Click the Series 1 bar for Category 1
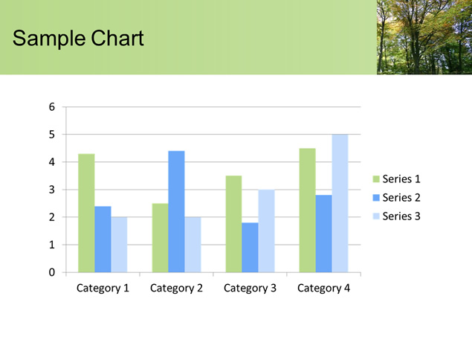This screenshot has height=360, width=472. click(x=86, y=213)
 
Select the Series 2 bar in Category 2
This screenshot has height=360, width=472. click(x=176, y=211)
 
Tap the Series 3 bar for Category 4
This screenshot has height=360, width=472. click(x=340, y=203)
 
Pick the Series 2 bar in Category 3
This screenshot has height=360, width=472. click(x=250, y=248)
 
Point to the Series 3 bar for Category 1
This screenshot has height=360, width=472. click(x=119, y=245)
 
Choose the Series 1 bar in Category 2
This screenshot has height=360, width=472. click(x=160, y=238)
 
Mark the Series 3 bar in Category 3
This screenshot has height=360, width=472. click(x=266, y=231)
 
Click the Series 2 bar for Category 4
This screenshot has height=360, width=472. click(x=324, y=234)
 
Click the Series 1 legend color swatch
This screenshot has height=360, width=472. click(x=376, y=179)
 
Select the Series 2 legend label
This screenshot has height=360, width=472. click(x=401, y=198)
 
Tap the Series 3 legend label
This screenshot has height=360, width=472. click(x=401, y=216)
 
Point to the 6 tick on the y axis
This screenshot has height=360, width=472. click(x=52, y=106)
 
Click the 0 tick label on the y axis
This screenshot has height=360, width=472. click(x=52, y=272)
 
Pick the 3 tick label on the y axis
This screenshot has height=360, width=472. click(x=52, y=190)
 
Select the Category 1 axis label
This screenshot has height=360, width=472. click(x=103, y=289)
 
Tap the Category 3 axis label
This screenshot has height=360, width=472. click(x=250, y=289)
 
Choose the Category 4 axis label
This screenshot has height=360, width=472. click(x=323, y=289)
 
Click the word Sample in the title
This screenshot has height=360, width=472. click(x=49, y=38)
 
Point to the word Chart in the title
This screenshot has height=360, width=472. click(x=117, y=38)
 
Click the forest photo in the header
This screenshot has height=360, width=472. click(x=424, y=37)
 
